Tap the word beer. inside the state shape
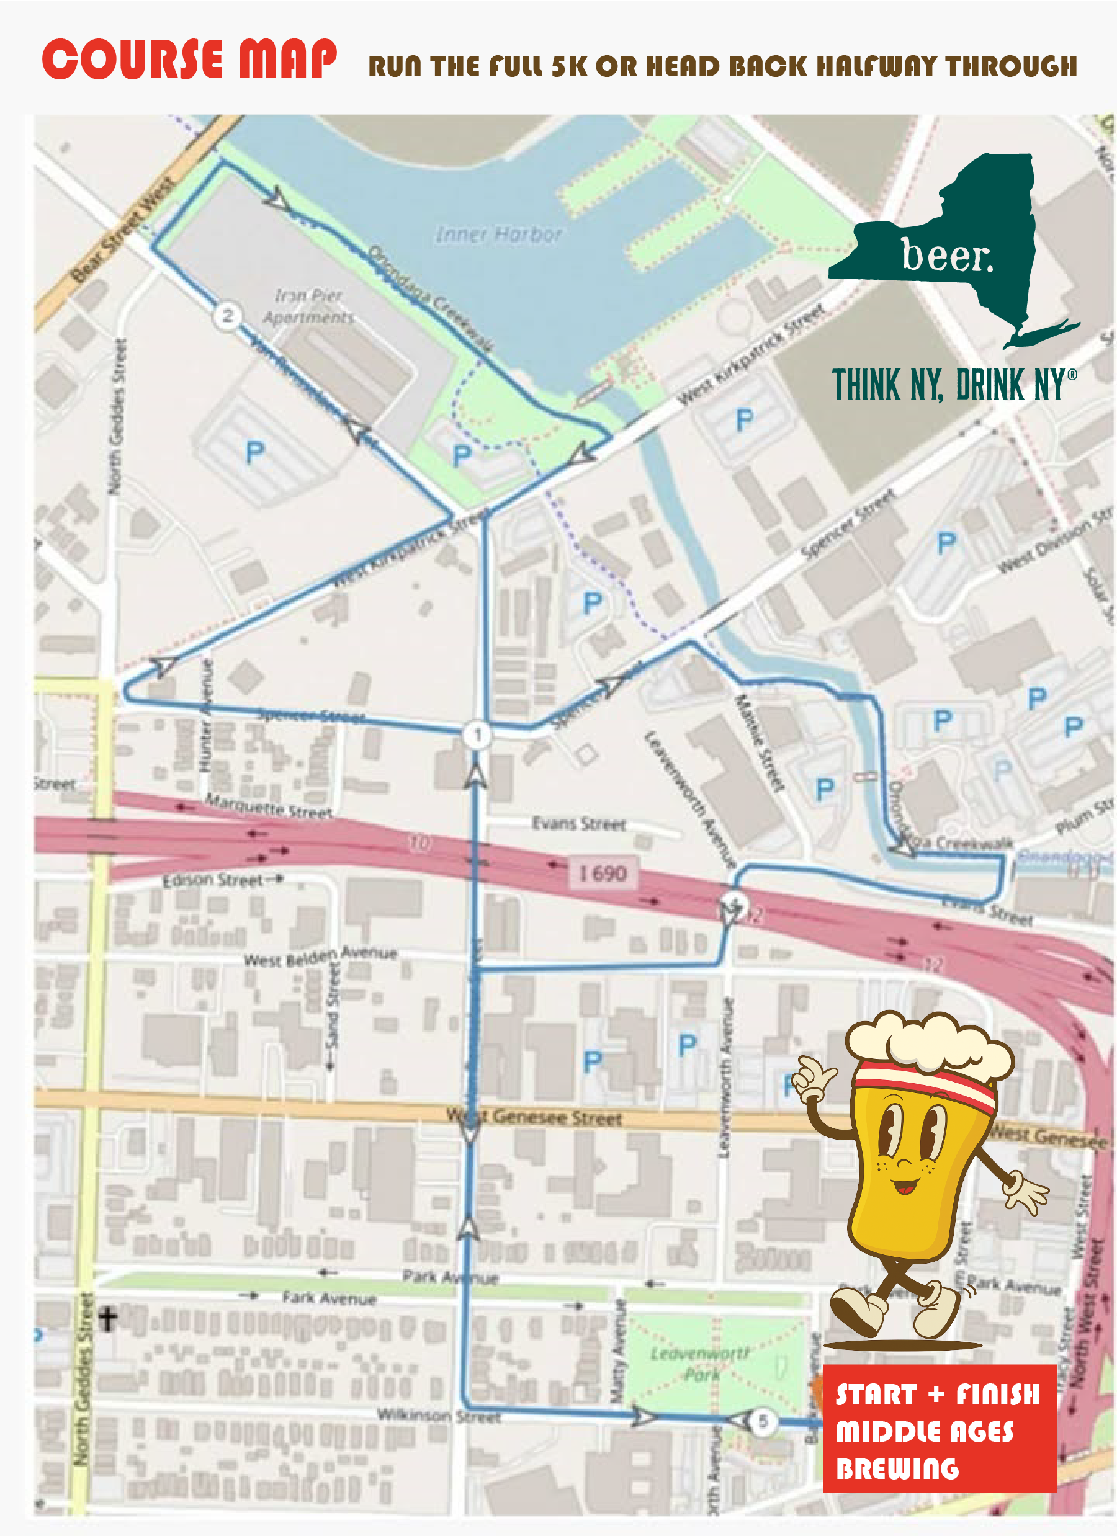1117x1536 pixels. click(x=947, y=256)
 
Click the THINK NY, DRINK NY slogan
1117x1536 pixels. click(x=953, y=385)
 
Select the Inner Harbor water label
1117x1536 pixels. click(x=498, y=234)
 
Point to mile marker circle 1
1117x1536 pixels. click(x=477, y=734)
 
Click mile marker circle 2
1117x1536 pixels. click(x=227, y=316)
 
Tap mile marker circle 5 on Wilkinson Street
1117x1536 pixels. click(x=763, y=1421)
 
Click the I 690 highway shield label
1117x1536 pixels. click(x=602, y=872)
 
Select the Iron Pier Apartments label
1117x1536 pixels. click(x=308, y=306)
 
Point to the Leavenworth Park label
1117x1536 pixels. click(x=700, y=1364)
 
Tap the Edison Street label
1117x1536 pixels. click(x=213, y=880)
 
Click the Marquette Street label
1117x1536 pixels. click(x=268, y=806)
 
